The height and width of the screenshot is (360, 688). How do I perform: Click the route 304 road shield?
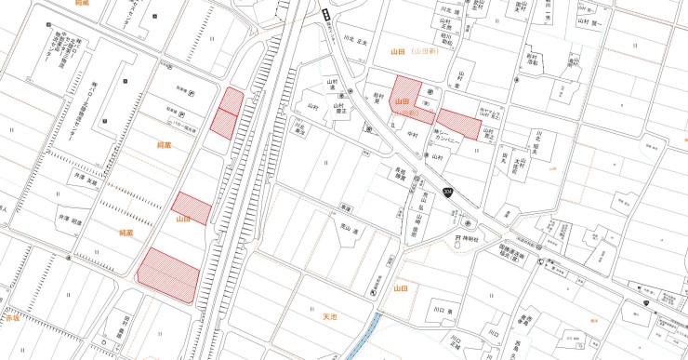(449, 192)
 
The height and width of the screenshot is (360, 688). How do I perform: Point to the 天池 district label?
(329, 317)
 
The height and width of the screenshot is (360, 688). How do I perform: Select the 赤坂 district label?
(11, 317)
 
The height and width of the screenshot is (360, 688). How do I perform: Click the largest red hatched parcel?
(169, 275)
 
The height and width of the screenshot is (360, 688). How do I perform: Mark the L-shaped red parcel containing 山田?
(411, 102)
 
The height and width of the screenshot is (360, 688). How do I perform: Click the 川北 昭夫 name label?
(536, 148)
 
